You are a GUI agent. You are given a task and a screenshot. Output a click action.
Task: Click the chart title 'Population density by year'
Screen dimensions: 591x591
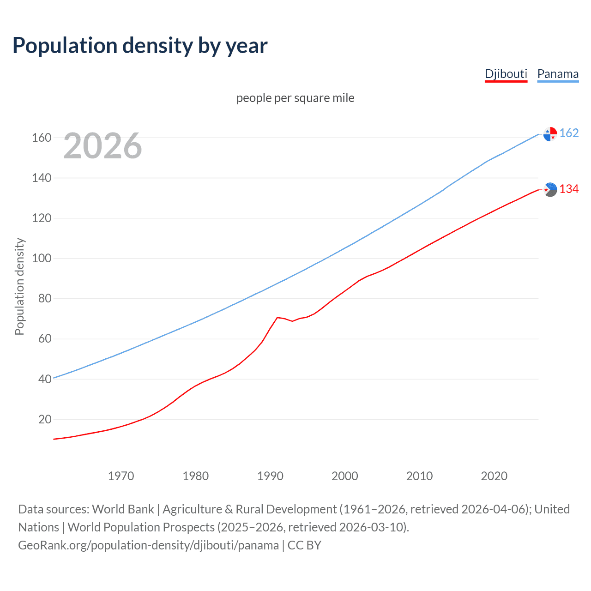(x=140, y=46)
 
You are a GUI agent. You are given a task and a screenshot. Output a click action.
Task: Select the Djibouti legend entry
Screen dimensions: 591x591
(x=506, y=74)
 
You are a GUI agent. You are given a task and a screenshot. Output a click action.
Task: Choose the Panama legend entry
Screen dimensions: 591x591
(x=558, y=74)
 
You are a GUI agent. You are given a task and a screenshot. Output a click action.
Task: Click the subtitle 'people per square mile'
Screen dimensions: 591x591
(x=295, y=98)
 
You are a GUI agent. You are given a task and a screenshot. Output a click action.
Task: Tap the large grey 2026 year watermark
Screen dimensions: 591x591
(x=103, y=146)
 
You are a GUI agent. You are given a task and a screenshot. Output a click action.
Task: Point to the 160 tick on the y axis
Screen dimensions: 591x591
(x=42, y=138)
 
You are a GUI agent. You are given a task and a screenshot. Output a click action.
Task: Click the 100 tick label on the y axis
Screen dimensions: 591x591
(x=42, y=258)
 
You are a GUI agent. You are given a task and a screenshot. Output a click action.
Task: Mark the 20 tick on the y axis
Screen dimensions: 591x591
(x=45, y=419)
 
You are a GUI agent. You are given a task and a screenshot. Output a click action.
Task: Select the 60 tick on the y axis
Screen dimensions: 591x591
(x=45, y=339)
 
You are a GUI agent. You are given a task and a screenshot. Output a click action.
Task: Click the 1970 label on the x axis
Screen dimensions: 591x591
(x=121, y=476)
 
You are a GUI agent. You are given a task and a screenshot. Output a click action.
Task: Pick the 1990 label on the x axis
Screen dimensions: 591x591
(x=270, y=476)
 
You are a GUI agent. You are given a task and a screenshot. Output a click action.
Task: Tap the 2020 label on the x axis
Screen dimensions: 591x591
(x=494, y=476)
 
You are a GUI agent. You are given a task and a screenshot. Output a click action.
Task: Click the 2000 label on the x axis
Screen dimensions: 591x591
(x=345, y=476)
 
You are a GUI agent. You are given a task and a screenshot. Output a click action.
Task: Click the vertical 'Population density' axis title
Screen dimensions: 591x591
(x=19, y=286)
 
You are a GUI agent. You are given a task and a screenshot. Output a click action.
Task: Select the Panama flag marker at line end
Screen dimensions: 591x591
(x=550, y=134)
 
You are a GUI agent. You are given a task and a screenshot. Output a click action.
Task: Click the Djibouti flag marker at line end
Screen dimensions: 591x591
(x=550, y=189)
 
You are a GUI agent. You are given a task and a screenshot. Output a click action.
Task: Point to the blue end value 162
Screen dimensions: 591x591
(x=569, y=133)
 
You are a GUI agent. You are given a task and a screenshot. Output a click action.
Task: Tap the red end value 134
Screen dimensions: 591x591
(x=569, y=189)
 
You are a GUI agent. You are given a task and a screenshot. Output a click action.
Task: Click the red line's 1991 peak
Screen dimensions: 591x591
(x=277, y=317)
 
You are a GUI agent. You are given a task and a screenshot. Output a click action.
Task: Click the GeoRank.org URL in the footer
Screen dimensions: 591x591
(x=148, y=545)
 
